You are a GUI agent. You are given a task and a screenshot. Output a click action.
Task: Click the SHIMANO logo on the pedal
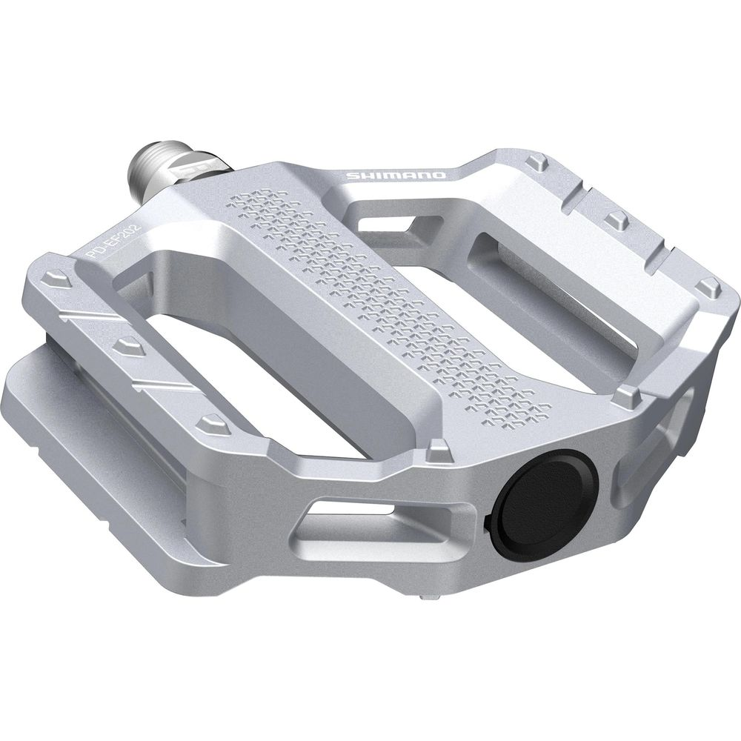tap(396, 176)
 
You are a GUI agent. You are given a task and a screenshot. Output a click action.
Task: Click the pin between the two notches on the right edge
tap(617, 219)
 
